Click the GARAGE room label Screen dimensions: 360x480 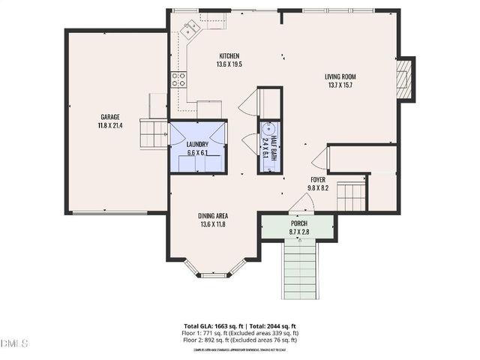[109, 116]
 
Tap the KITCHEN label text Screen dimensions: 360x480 [229, 56]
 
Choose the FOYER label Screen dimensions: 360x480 [319, 180]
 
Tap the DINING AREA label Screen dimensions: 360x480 [213, 215]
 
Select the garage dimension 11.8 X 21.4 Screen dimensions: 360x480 [109, 125]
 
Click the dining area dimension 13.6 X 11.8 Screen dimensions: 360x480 [213, 223]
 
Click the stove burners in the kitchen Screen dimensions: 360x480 [178, 79]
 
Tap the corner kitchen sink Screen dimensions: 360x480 [190, 29]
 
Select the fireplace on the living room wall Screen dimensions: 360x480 [403, 79]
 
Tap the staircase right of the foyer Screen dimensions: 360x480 [350, 197]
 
